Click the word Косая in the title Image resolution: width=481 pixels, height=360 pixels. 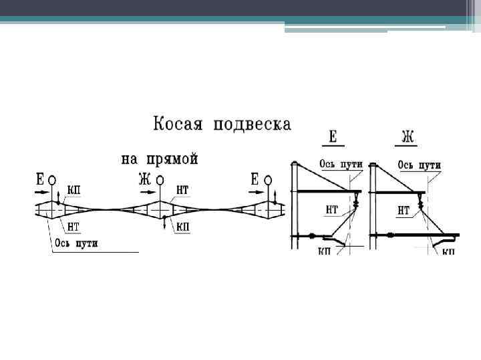[179, 125]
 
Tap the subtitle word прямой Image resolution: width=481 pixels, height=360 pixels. [175, 159]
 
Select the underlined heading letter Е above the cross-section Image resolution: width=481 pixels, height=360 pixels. [333, 137]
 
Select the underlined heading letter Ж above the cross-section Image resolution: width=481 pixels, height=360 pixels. [408, 137]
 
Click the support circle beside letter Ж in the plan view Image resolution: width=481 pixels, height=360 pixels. [160, 181]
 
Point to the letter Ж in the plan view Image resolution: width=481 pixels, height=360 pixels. [144, 179]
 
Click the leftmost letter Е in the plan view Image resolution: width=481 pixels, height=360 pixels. [40, 179]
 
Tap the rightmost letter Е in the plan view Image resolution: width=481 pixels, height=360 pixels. [255, 179]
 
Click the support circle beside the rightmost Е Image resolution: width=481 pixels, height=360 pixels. [269, 181]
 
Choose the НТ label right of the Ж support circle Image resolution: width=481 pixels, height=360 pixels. [182, 191]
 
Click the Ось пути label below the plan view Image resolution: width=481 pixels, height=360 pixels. [76, 243]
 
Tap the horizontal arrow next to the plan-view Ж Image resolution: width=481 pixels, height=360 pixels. [144, 191]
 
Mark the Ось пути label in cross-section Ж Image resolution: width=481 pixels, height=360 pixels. [420, 165]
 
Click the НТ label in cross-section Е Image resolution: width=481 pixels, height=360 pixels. [332, 210]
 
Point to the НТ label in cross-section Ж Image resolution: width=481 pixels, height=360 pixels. [404, 211]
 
